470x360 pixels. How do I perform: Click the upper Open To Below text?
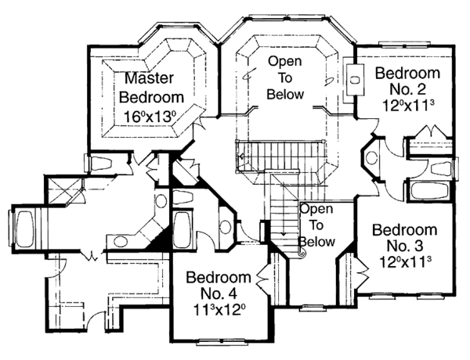click(x=285, y=78)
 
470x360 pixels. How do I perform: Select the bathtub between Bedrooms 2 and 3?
click(x=428, y=192)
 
